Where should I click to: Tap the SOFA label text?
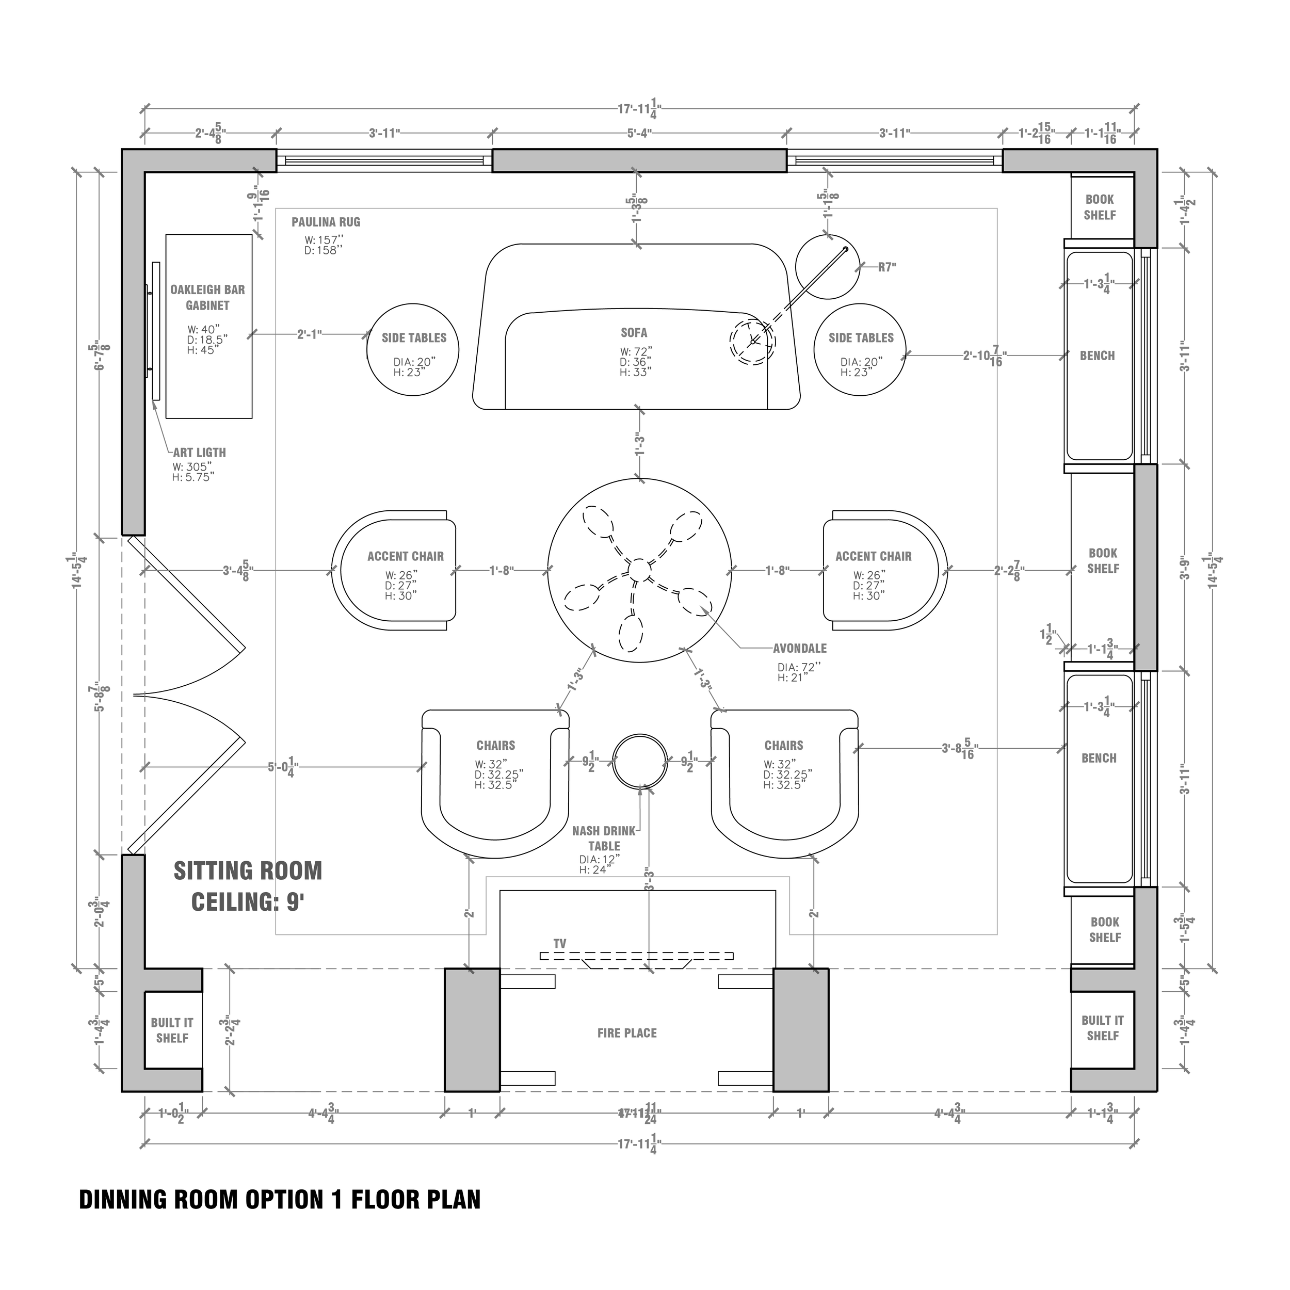[x=633, y=332]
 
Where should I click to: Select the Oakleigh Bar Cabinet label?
[x=207, y=297]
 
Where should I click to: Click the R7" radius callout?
[x=886, y=268]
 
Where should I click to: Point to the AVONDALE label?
[x=799, y=648]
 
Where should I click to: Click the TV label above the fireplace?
[x=559, y=943]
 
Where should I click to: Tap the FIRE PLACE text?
[x=626, y=1033]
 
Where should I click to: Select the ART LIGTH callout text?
[x=200, y=453]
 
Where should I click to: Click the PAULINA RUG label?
[x=325, y=222]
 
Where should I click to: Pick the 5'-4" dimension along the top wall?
[x=639, y=134]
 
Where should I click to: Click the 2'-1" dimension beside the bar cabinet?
[x=310, y=334]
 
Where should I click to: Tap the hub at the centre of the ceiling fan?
[x=639, y=570]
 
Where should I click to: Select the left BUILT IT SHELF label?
[x=172, y=1030]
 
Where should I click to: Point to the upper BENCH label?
[x=1097, y=356]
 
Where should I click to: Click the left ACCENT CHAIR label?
[x=405, y=556]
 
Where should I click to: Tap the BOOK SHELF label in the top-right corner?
[x=1099, y=207]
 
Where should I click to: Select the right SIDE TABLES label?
[x=861, y=338]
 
